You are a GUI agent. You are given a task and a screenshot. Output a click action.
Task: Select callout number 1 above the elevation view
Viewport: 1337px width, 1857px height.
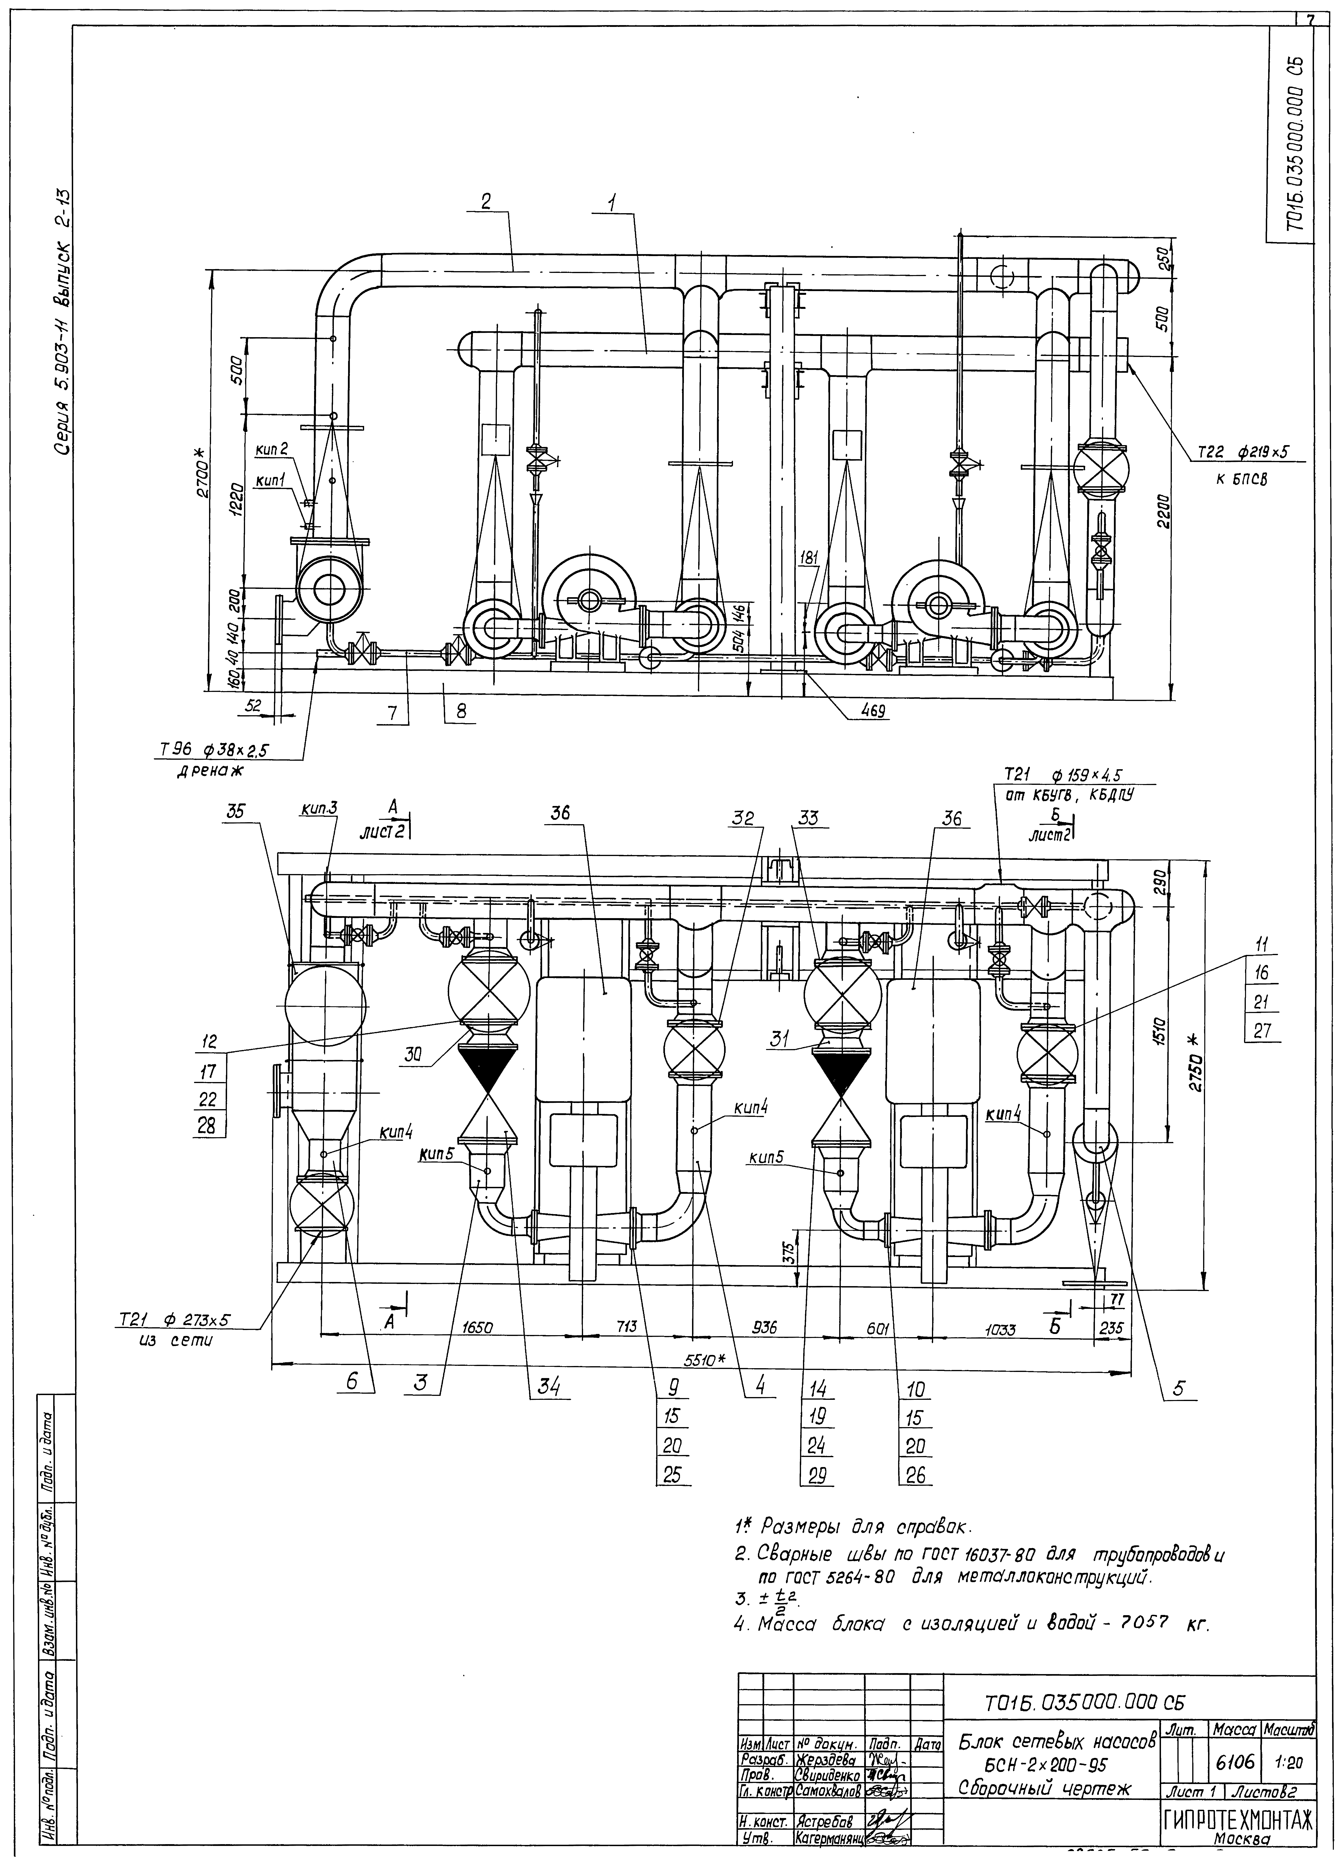615,201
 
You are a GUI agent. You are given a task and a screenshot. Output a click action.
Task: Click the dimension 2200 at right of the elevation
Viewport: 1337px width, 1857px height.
1163,512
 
